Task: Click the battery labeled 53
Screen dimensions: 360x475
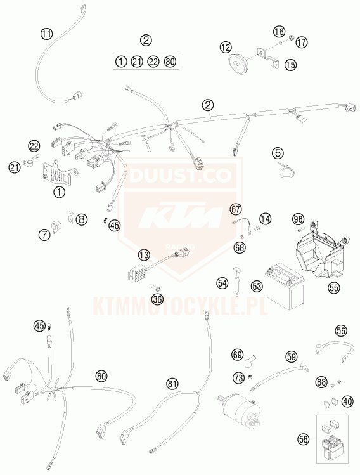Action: (285, 285)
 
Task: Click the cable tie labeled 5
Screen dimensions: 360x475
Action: (285, 171)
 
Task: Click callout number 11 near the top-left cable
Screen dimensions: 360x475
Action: (47, 34)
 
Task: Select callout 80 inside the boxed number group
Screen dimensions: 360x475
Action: (170, 62)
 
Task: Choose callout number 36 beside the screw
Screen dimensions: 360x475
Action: (157, 299)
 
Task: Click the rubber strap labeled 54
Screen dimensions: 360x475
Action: (237, 280)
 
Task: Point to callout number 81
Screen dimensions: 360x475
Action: (172, 384)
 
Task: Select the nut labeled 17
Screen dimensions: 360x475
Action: (291, 38)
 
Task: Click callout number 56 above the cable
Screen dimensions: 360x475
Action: (341, 330)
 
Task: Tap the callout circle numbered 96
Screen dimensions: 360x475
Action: (299, 219)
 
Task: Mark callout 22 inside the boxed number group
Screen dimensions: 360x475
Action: (153, 62)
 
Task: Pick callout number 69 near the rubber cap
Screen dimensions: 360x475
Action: (238, 355)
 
